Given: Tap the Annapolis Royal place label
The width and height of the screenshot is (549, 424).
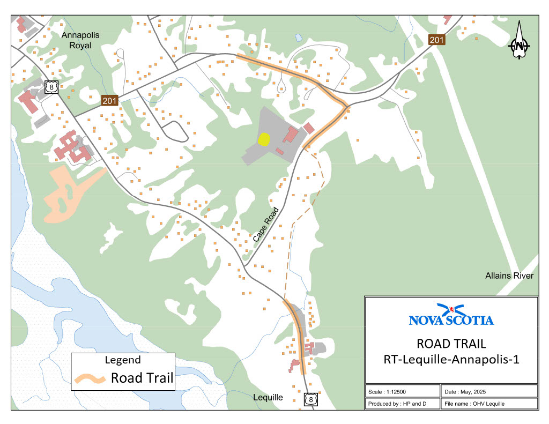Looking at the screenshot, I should click(x=80, y=40).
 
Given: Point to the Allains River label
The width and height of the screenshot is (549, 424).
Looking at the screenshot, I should click(x=509, y=276).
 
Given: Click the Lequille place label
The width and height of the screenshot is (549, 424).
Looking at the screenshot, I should click(x=268, y=398).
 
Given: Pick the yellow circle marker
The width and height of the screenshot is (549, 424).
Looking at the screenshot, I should click(x=264, y=139).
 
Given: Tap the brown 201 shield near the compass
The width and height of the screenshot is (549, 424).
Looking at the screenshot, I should click(x=437, y=39).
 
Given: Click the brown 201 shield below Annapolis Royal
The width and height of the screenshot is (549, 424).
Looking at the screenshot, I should click(x=110, y=101).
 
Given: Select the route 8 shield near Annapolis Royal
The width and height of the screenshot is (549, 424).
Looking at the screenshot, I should click(x=51, y=87).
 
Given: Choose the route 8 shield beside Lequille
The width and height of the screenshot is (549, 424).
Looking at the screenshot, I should click(x=310, y=399).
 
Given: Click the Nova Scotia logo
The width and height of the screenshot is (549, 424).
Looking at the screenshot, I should click(x=451, y=315).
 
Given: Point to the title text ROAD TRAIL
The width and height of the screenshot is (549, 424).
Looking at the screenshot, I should click(x=451, y=344).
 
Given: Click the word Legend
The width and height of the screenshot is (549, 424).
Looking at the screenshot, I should click(x=123, y=360).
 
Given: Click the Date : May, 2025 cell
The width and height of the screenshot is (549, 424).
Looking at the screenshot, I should click(x=488, y=391).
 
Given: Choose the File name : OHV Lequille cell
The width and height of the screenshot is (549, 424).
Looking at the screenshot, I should click(x=488, y=403).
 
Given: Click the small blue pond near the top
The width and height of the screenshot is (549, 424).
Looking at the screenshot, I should click(x=298, y=38).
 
